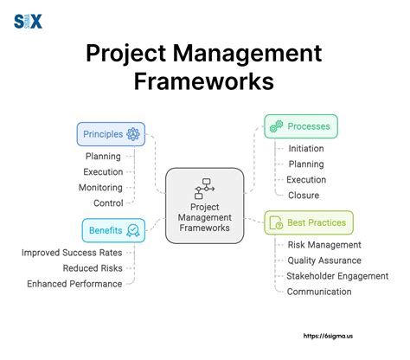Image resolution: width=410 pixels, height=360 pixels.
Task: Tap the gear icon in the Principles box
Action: pos(133,134)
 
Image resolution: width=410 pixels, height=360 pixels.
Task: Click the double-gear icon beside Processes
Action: pos(276,126)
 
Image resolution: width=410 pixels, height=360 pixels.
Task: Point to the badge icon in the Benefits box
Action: pos(133,230)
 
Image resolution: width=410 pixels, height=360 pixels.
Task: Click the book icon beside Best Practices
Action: pos(277,222)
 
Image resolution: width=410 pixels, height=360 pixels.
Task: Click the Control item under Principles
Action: pos(108,202)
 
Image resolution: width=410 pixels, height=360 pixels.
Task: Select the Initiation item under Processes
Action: pos(306,148)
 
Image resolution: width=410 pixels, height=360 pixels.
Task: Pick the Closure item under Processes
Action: pos(303,195)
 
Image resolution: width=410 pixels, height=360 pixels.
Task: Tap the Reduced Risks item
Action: pos(92,268)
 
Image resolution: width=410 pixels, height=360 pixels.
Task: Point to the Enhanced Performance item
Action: pos(74,284)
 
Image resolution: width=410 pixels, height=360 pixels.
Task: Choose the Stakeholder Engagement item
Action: pos(337,276)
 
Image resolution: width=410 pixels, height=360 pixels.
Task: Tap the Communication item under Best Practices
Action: pos(319,292)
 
